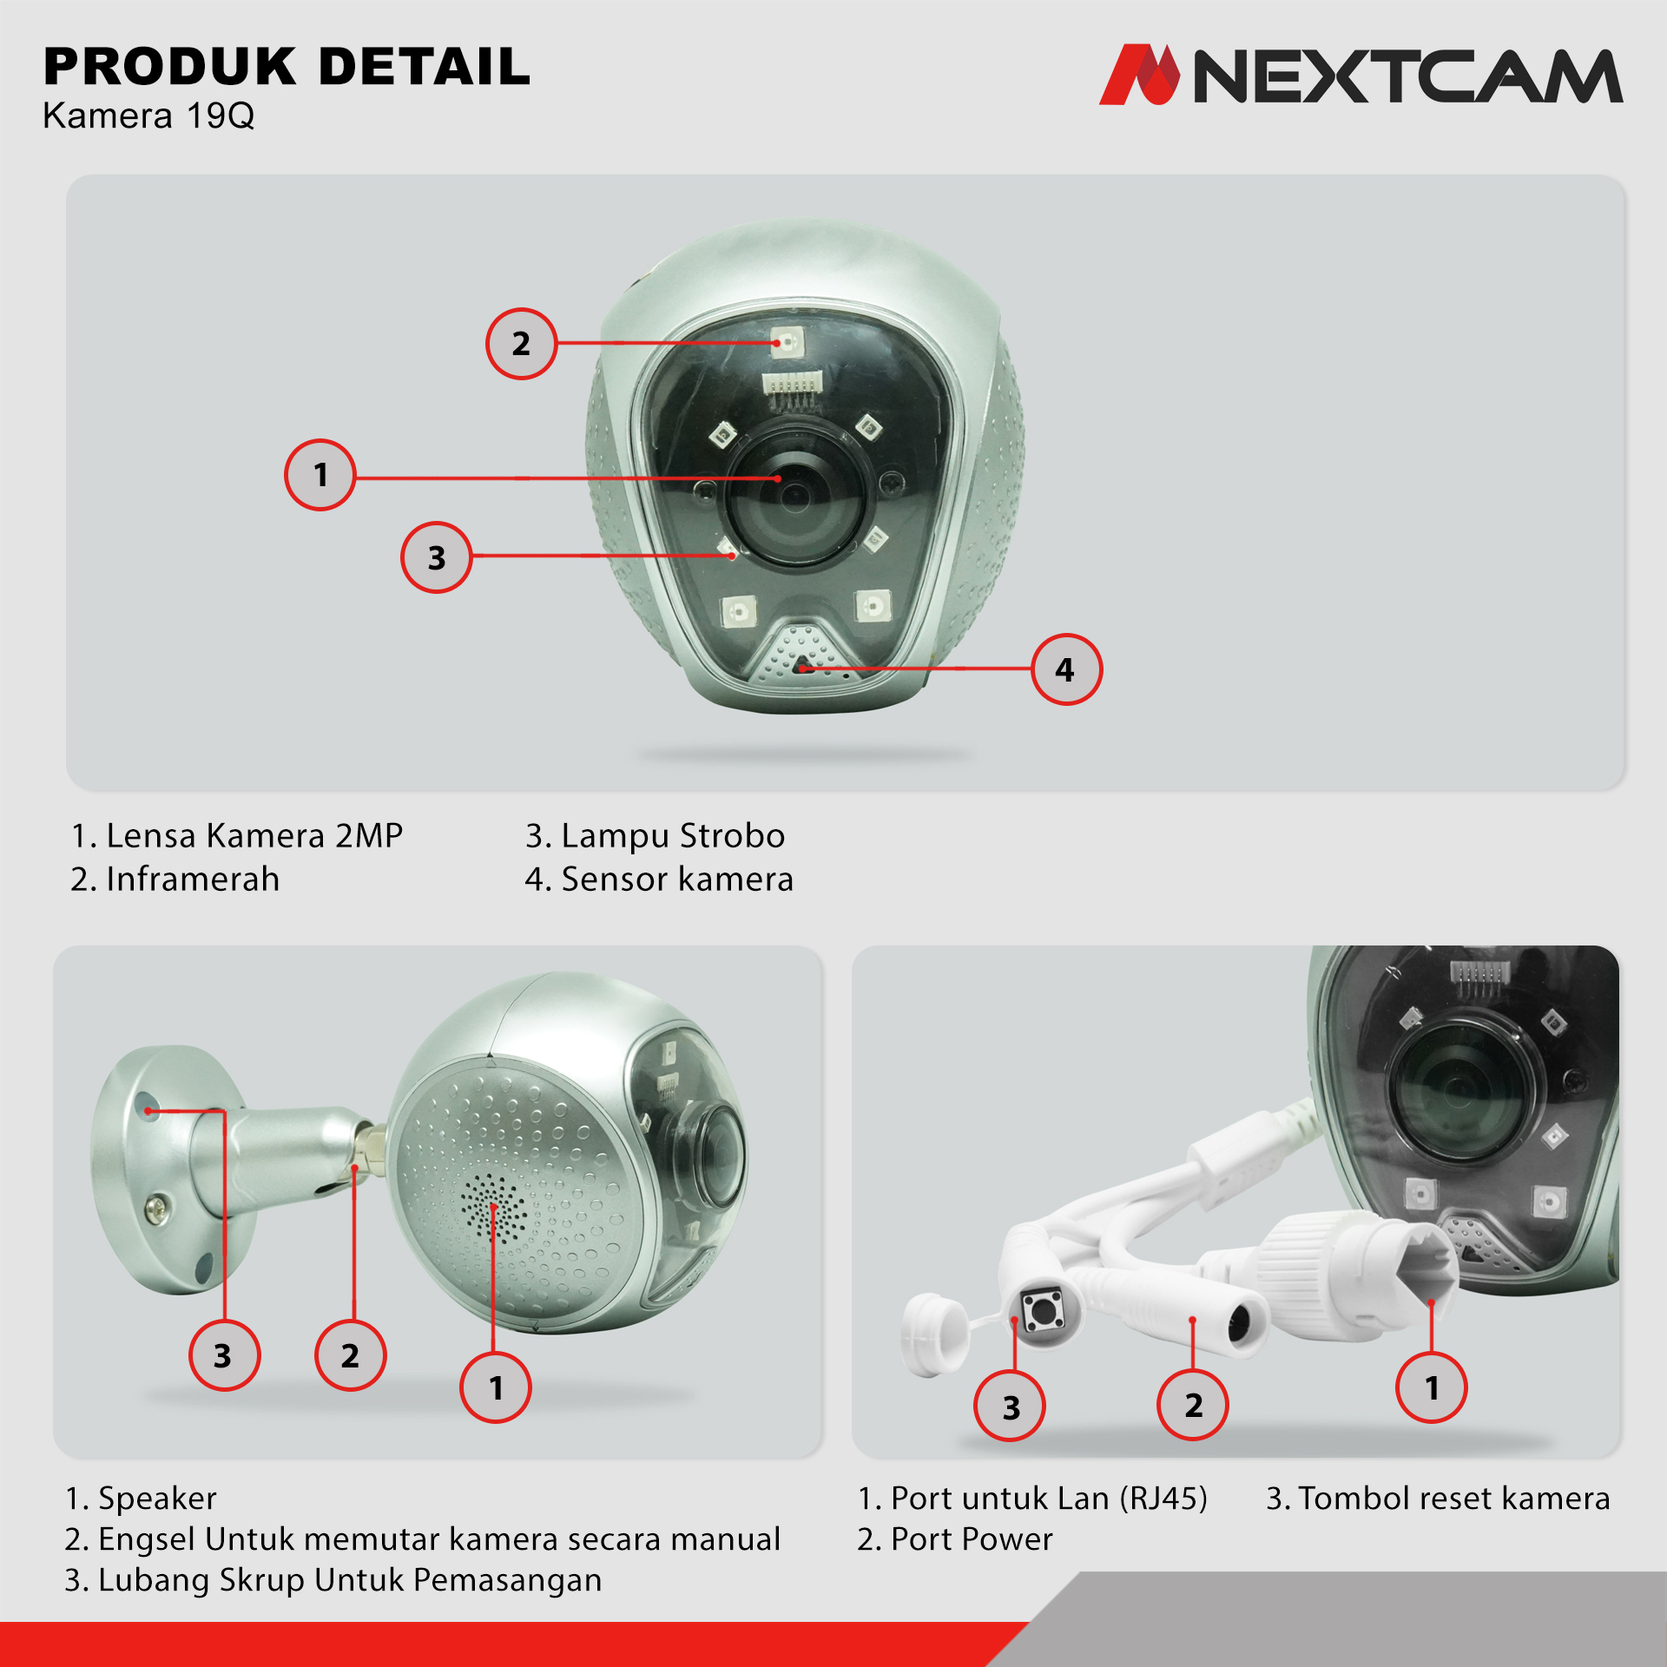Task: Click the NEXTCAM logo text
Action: coord(1408,76)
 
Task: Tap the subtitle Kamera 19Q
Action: coord(148,115)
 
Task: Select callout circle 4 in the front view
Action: coord(1066,669)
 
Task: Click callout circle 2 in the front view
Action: coord(521,344)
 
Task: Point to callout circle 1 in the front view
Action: coord(320,475)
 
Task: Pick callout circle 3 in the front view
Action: coord(437,557)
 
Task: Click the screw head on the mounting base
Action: coord(157,1207)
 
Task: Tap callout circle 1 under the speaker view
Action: coord(496,1387)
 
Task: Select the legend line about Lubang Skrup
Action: coord(333,1580)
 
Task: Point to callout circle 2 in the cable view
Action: coord(1193,1405)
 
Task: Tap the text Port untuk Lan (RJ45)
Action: coord(1032,1499)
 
